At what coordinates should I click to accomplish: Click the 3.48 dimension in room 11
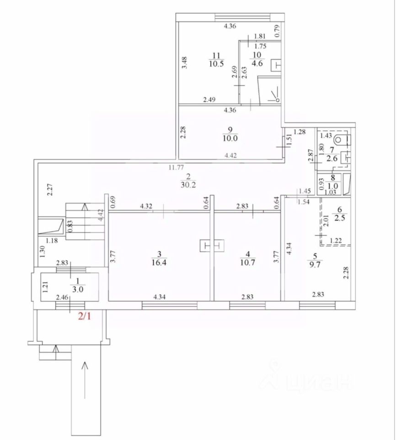point(184,62)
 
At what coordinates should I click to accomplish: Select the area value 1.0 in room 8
point(336,187)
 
